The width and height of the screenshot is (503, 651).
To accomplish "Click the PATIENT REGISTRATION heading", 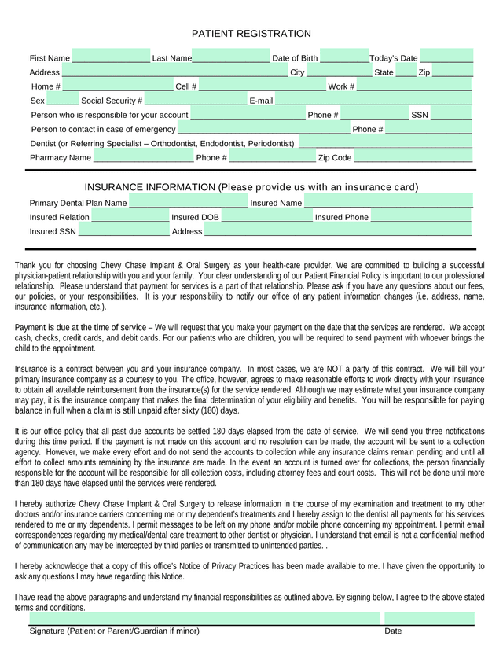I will click(x=251, y=34).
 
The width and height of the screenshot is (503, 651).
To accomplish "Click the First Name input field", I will click(x=111, y=57).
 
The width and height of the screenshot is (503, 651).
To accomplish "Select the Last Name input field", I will click(x=230, y=57).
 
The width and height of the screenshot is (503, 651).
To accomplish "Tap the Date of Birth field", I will click(x=345, y=57).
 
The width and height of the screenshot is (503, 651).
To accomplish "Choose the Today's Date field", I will click(x=446, y=57).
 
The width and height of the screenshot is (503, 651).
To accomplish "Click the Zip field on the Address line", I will click(x=453, y=72).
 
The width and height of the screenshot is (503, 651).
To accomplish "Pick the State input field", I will click(x=406, y=72).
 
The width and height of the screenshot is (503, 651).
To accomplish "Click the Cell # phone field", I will click(x=262, y=86).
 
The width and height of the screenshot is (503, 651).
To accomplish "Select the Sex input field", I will click(x=63, y=100).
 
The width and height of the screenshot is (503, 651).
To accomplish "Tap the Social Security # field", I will click(x=196, y=100).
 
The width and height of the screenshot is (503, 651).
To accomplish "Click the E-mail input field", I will click(x=373, y=100).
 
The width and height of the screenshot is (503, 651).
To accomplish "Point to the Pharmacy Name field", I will click(x=143, y=157).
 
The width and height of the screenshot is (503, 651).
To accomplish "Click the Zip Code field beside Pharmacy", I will click(x=413, y=157).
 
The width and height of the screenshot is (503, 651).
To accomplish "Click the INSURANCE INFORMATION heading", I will click(x=251, y=187).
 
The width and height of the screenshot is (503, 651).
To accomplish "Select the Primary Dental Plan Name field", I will click(x=188, y=202).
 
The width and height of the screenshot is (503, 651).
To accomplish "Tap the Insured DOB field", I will click(x=266, y=216).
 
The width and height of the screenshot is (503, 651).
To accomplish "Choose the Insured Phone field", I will click(x=421, y=216).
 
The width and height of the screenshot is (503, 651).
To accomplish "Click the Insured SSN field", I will click(x=123, y=230).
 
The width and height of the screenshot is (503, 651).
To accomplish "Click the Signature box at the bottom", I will click(x=204, y=618).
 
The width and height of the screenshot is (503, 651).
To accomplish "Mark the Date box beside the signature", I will click(x=429, y=618).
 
